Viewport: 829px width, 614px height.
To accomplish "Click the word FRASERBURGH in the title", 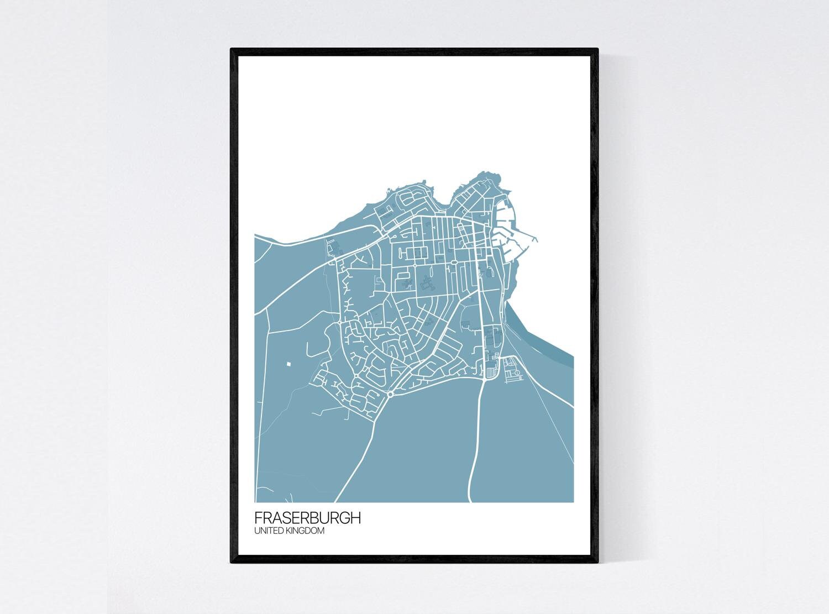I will coord(307,518).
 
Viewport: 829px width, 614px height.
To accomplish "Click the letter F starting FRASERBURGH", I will coord(258,518).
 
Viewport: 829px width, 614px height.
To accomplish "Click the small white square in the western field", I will coord(288,364).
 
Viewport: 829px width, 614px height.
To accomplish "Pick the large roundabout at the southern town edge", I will coord(390,394).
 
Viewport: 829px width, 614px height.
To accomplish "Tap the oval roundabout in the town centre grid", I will coord(453,263).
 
